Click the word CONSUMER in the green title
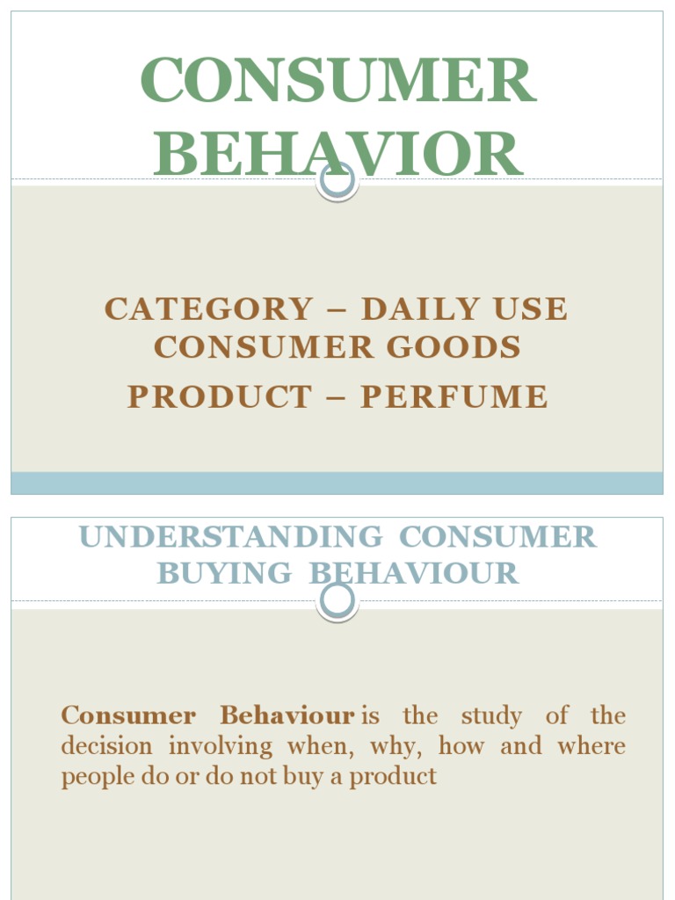click(337, 80)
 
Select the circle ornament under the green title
click(337, 180)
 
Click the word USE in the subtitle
click(530, 309)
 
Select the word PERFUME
click(454, 396)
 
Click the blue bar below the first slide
click(337, 483)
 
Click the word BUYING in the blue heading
click(224, 573)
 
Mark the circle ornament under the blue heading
click(337, 601)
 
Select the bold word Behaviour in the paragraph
click(287, 715)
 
